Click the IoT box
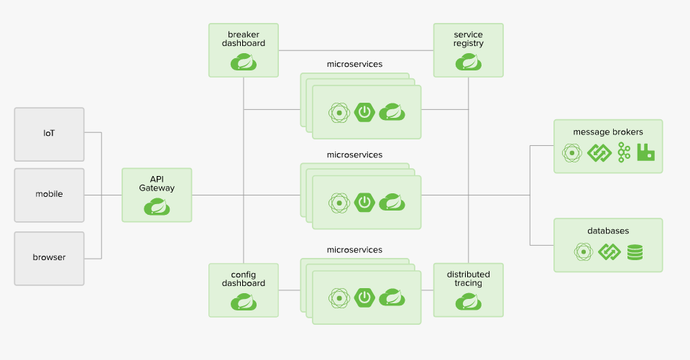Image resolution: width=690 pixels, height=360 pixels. click(x=50, y=134)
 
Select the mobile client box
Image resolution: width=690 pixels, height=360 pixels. click(x=50, y=195)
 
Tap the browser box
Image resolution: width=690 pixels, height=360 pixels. click(x=50, y=259)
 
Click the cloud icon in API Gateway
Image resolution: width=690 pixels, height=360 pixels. click(x=157, y=206)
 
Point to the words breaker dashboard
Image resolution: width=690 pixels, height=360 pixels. click(x=244, y=39)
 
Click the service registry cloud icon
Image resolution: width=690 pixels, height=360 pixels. click(x=468, y=62)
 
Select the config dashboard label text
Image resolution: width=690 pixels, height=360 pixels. click(x=244, y=279)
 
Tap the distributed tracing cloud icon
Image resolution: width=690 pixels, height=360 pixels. click(x=468, y=302)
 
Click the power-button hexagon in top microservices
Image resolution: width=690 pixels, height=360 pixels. click(x=364, y=112)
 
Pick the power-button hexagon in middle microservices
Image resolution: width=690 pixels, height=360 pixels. click(x=364, y=203)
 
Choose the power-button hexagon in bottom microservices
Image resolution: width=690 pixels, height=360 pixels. click(x=364, y=297)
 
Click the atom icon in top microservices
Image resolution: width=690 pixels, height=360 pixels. click(x=339, y=113)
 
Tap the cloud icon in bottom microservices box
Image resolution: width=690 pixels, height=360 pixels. click(x=392, y=297)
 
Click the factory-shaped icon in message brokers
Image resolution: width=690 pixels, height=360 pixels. click(x=645, y=152)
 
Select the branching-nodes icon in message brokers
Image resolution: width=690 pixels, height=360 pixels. click(x=624, y=152)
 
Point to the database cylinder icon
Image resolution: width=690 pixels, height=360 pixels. click(x=635, y=252)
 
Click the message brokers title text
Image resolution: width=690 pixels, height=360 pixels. click(x=608, y=132)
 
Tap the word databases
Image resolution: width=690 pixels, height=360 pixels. click(x=608, y=231)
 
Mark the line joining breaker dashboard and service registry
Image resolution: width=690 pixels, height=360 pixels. click(x=356, y=50)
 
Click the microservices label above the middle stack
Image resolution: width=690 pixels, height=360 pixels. click(x=354, y=155)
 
